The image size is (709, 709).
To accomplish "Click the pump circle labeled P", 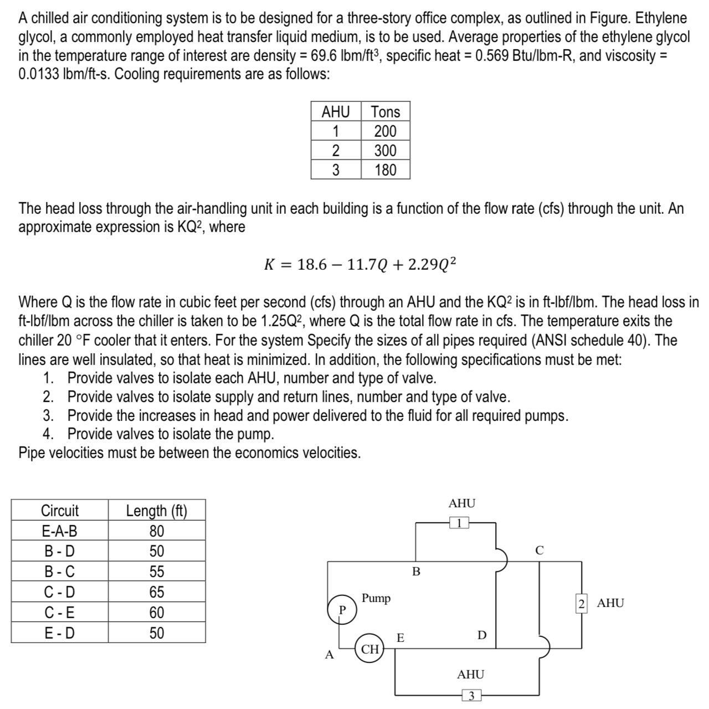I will tap(342, 609).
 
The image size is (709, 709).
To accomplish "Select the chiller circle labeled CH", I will tap(370, 649).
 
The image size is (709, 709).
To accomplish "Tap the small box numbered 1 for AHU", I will tap(459, 523).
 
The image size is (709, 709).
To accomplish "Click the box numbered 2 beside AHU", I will tap(581, 603).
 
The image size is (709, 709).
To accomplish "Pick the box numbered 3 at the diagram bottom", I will tap(471, 696).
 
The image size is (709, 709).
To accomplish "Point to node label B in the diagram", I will tap(417, 571).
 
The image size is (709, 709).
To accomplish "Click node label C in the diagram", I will tap(540, 551).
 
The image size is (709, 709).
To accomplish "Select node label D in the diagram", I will tap(482, 635).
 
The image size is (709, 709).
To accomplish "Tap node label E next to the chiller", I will tap(400, 638).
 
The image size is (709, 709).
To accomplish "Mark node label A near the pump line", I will tap(329, 655).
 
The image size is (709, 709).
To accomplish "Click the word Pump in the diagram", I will tap(376, 598).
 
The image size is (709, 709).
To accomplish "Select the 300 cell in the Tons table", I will tap(385, 151).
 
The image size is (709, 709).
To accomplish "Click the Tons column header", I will tap(385, 112).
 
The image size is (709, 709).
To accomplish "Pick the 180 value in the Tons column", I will tap(385, 170).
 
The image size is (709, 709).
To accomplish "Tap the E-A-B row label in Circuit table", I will tap(60, 531).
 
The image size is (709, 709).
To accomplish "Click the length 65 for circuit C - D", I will tap(157, 592).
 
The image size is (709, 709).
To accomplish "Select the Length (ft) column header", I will tap(157, 511).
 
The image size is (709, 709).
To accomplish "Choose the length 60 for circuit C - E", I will tap(157, 613).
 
